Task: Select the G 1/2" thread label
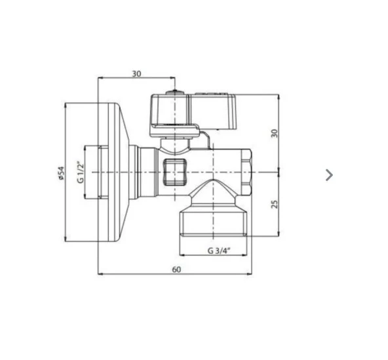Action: pyautogui.click(x=81, y=172)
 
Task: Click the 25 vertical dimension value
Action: pyautogui.click(x=275, y=203)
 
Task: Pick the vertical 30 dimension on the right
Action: pyautogui.click(x=275, y=132)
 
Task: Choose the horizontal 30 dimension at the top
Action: pyautogui.click(x=136, y=73)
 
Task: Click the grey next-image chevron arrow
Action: pyautogui.click(x=329, y=174)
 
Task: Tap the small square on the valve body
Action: pyautogui.click(x=173, y=171)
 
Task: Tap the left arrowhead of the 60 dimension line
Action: pyautogui.click(x=100, y=275)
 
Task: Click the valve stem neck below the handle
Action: pyautogui.click(x=174, y=142)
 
